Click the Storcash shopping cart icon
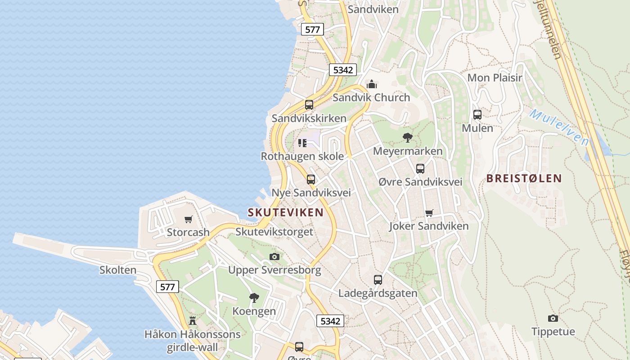pyautogui.click(x=189, y=219)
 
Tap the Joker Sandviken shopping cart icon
pyautogui.click(x=429, y=213)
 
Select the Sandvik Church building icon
pyautogui.click(x=372, y=84)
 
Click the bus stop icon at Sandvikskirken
pyautogui.click(x=309, y=105)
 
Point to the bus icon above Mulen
pyautogui.click(x=477, y=114)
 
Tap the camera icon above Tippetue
pyautogui.click(x=553, y=318)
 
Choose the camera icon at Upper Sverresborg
pyautogui.click(x=274, y=256)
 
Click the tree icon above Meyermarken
pyautogui.click(x=408, y=137)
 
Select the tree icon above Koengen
pyautogui.click(x=254, y=297)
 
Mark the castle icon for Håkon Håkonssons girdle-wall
pyautogui.click(x=193, y=320)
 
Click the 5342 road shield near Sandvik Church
pyautogui.click(x=343, y=70)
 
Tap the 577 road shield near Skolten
pyautogui.click(x=167, y=286)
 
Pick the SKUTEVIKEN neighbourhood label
pyautogui.click(x=286, y=212)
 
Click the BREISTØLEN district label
pyautogui.click(x=524, y=178)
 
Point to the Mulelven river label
pyautogui.click(x=559, y=127)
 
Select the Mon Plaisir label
pyautogui.click(x=495, y=77)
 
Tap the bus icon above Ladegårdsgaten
pyautogui.click(x=378, y=279)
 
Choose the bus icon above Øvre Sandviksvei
pyautogui.click(x=420, y=169)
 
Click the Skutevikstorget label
pyautogui.click(x=274, y=232)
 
